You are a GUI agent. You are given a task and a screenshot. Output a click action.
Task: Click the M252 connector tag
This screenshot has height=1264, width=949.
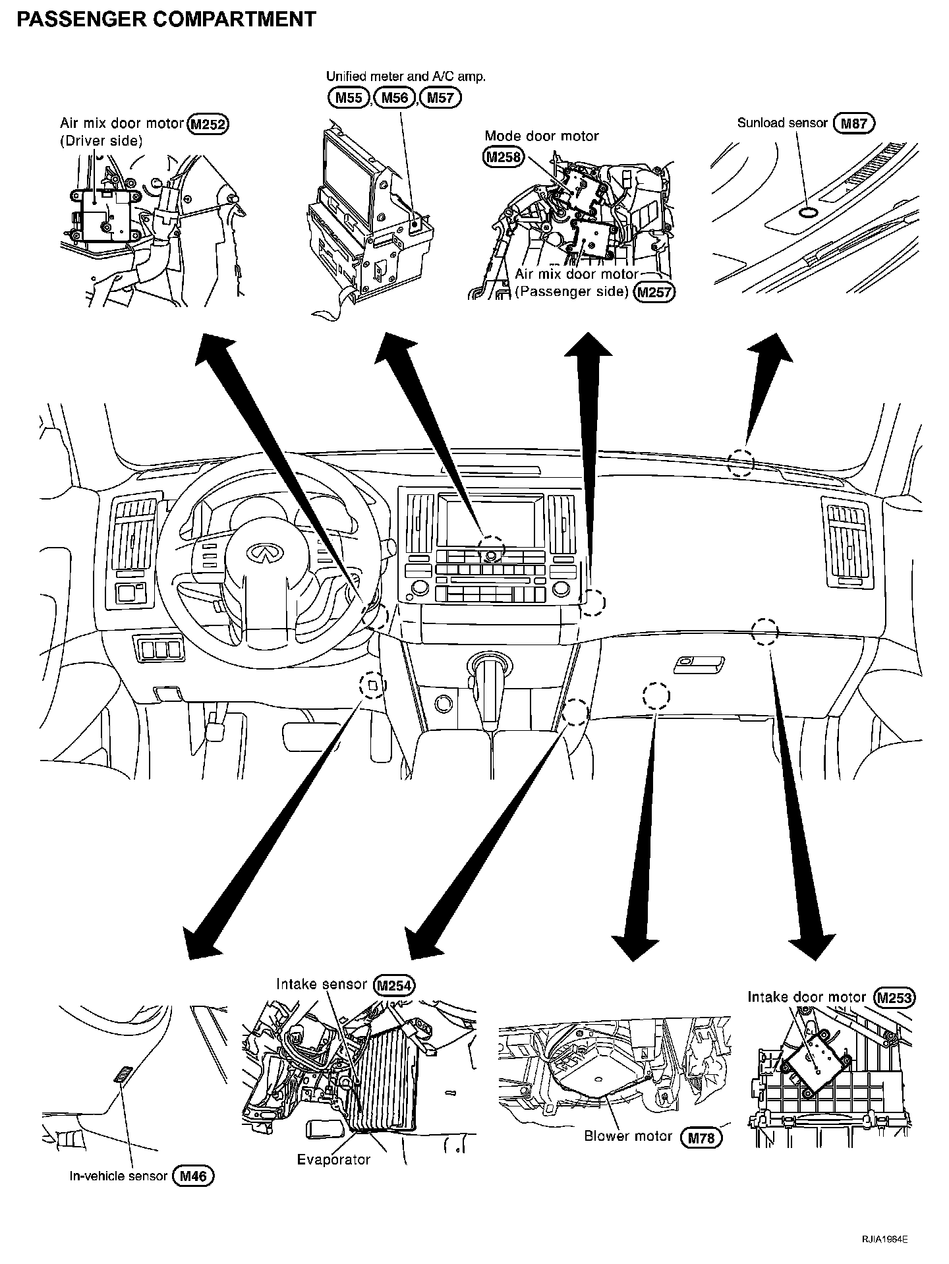[x=208, y=123]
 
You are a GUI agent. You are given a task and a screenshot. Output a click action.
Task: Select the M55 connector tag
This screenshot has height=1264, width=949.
[x=348, y=98]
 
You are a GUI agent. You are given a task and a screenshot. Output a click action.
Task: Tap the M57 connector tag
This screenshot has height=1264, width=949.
[x=441, y=98]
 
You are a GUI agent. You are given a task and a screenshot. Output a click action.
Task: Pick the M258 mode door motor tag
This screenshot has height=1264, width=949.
[x=503, y=157]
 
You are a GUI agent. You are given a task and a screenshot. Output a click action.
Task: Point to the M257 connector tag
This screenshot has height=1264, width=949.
[x=654, y=291]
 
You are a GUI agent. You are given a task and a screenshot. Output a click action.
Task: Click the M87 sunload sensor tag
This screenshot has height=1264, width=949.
[x=853, y=123]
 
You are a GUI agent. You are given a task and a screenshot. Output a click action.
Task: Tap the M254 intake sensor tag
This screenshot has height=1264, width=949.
[x=394, y=985]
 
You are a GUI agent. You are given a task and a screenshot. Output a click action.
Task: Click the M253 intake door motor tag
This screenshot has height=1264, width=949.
[x=895, y=998]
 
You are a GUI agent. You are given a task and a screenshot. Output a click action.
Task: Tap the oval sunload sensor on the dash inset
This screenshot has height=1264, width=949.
[x=807, y=212]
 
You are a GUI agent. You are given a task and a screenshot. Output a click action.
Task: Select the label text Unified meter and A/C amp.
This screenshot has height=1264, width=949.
[x=406, y=76]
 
